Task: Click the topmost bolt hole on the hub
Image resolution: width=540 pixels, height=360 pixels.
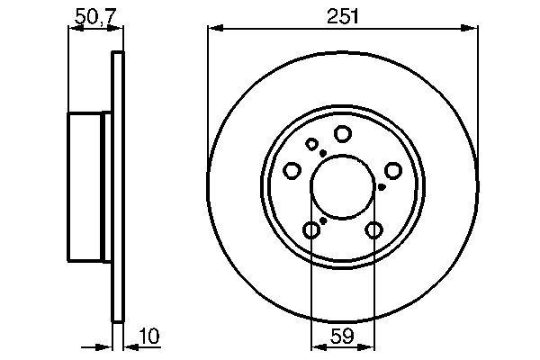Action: tap(342, 134)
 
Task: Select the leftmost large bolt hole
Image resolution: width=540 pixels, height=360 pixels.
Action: tap(292, 170)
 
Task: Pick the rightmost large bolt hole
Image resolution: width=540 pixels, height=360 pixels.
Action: tap(393, 170)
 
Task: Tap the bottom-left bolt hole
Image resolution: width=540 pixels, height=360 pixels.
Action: tap(311, 230)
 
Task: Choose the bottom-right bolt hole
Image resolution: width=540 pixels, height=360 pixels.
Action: tap(373, 230)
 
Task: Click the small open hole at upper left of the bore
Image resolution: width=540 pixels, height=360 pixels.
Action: tap(312, 144)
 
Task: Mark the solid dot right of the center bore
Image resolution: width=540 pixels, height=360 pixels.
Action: tap(382, 187)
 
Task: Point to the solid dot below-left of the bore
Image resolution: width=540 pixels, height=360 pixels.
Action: tap(323, 220)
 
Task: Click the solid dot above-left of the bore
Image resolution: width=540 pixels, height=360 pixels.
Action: tap(321, 152)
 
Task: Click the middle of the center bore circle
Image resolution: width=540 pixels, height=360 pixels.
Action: tap(343, 187)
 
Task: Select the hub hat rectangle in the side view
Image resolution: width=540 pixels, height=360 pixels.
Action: tap(89, 187)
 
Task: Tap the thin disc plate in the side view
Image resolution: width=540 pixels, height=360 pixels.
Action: tap(115, 187)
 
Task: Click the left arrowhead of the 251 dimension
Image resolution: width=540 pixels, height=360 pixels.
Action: tap(213, 29)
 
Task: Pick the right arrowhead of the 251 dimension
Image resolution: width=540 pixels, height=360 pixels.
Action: tap(472, 29)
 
